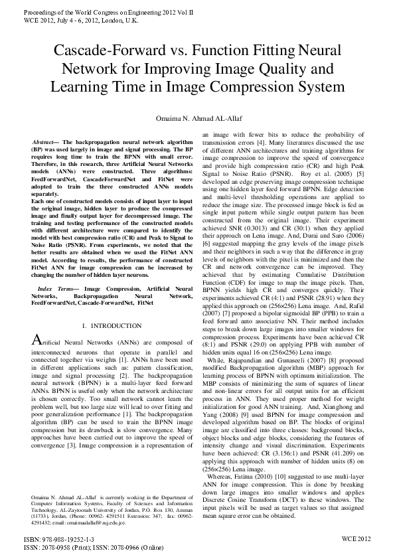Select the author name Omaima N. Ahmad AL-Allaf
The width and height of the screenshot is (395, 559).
(x=197, y=118)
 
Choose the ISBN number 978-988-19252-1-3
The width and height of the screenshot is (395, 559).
(x=50, y=540)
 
